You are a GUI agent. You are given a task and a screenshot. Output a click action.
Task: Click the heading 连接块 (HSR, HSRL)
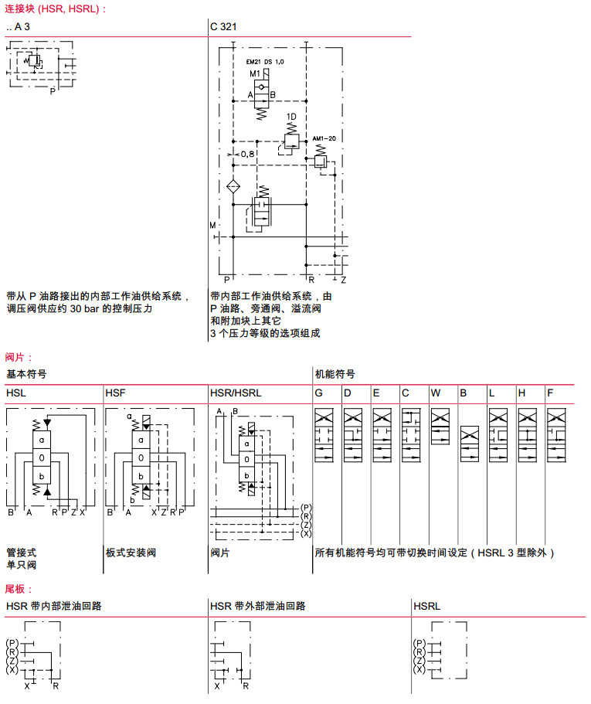tap(53, 9)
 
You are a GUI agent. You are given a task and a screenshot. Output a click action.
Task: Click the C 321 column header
tap(223, 26)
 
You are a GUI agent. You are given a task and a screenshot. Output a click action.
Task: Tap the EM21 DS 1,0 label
tap(265, 61)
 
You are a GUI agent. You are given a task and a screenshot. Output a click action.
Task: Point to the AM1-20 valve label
tap(324, 139)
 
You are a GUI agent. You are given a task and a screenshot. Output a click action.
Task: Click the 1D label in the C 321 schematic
tap(291, 117)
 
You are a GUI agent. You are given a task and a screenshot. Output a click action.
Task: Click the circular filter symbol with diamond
tap(233, 187)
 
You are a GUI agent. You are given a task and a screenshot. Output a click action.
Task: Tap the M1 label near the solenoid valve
tap(255, 73)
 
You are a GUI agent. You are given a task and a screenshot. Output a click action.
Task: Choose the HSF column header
tap(115, 393)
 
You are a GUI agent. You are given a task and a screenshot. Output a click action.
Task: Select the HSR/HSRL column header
tap(236, 393)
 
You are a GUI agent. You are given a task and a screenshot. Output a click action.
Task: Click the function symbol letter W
tap(436, 393)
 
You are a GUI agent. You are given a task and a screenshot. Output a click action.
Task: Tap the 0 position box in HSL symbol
tap(42, 457)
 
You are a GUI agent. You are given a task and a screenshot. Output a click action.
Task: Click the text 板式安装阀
tap(131, 553)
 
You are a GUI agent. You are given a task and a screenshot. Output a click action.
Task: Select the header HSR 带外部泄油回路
tap(257, 606)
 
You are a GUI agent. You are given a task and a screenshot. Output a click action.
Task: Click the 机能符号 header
tap(335, 373)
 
